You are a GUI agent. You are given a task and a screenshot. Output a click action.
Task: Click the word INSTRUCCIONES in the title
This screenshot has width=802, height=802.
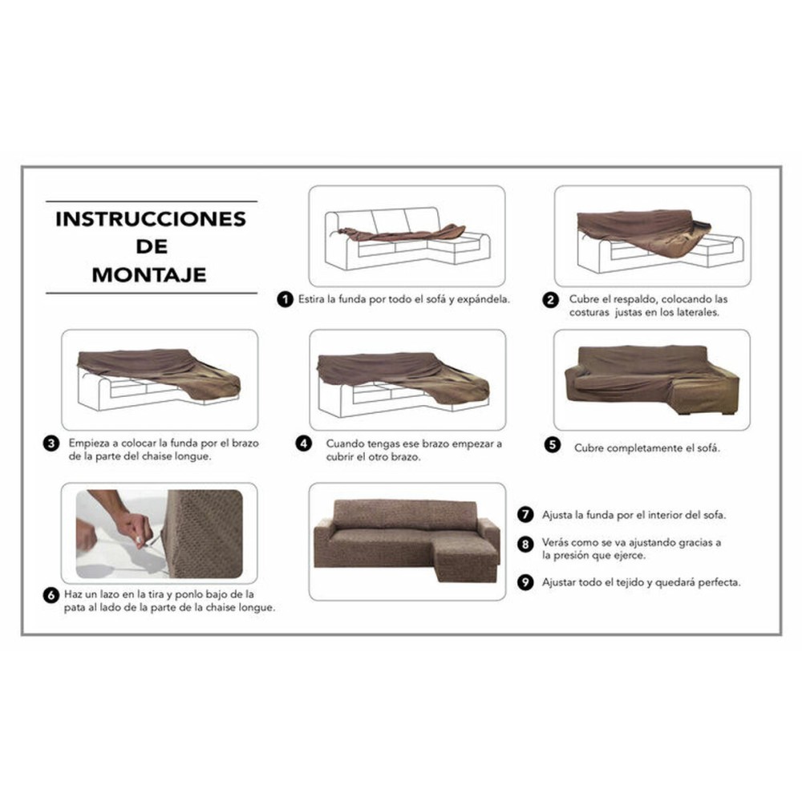[150, 219]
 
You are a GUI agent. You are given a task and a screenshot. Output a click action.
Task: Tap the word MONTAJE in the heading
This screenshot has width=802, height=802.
[149, 274]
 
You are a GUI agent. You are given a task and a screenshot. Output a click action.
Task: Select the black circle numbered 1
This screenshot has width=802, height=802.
[284, 299]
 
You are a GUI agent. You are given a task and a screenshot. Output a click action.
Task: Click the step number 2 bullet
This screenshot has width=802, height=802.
[551, 300]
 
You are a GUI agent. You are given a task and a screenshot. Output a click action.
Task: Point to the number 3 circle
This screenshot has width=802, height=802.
[51, 443]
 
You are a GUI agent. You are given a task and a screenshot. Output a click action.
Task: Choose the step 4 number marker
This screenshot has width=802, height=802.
[303, 443]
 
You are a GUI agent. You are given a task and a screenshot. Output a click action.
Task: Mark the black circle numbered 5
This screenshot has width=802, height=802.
[552, 445]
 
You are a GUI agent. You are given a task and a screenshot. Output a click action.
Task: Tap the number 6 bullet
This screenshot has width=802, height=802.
[51, 595]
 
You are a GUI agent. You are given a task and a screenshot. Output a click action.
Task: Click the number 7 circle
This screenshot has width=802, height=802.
[526, 514]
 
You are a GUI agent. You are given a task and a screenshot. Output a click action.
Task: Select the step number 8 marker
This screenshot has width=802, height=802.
[526, 544]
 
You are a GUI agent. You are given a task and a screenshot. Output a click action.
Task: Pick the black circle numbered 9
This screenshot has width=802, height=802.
[526, 582]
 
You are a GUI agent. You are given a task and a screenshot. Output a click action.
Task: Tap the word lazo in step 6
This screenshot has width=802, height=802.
[117, 594]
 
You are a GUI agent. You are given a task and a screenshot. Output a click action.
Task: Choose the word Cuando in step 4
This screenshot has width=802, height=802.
[345, 443]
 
